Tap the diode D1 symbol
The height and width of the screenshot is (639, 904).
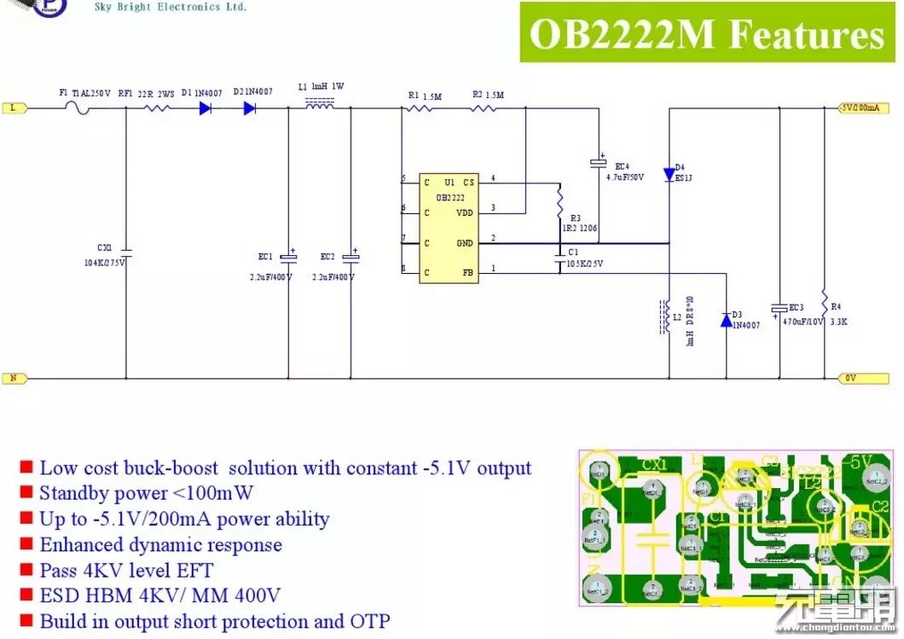(x=206, y=108)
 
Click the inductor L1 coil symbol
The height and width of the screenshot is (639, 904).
(x=319, y=106)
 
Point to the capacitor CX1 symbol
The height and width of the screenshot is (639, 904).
(x=126, y=253)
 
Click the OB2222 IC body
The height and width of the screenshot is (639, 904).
(x=449, y=228)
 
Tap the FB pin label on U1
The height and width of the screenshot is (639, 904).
(x=467, y=273)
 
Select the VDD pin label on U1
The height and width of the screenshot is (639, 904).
(x=465, y=212)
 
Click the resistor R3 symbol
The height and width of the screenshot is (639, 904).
(x=559, y=203)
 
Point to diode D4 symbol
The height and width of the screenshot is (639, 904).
(x=669, y=175)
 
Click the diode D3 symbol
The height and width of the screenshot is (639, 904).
(x=727, y=320)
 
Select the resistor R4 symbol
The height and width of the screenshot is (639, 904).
(x=825, y=303)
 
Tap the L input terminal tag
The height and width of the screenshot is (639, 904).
(x=15, y=108)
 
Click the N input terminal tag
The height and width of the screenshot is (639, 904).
(x=15, y=377)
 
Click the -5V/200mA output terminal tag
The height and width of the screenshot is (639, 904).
(x=861, y=108)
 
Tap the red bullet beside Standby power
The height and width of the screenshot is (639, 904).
(x=26, y=492)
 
